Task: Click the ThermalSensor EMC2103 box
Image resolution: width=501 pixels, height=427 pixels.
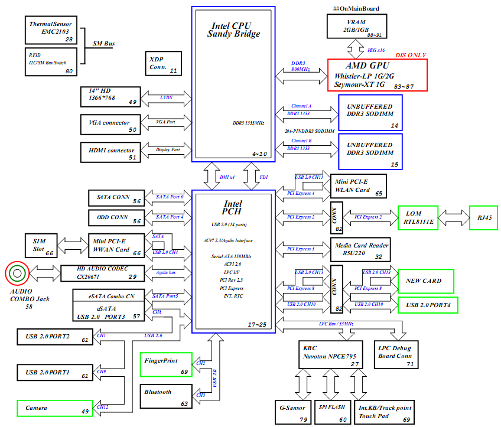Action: coord(52,31)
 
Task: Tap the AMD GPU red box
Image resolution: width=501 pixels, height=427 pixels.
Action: coord(376,75)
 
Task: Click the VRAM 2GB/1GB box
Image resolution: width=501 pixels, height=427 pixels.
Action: coord(356,27)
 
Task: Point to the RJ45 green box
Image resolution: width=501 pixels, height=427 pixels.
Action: coord(484,217)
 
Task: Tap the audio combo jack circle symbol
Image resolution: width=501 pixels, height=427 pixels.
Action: coord(17,273)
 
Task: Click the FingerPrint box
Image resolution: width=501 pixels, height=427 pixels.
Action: coord(166,364)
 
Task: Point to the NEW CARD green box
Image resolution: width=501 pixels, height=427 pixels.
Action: coord(425,281)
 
